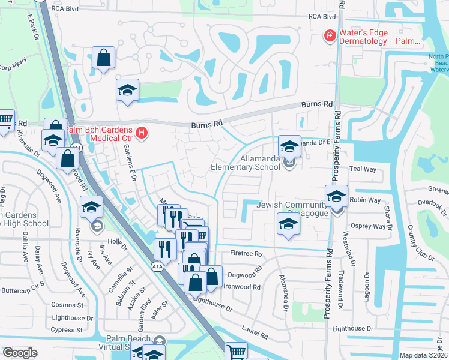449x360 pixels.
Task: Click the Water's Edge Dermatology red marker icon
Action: coord(329,36)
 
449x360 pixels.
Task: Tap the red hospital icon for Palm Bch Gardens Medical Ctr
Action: coord(142,133)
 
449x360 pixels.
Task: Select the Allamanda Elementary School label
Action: coord(245,167)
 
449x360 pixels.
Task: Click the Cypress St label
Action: coord(67,330)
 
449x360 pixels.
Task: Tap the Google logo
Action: coord(20,353)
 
